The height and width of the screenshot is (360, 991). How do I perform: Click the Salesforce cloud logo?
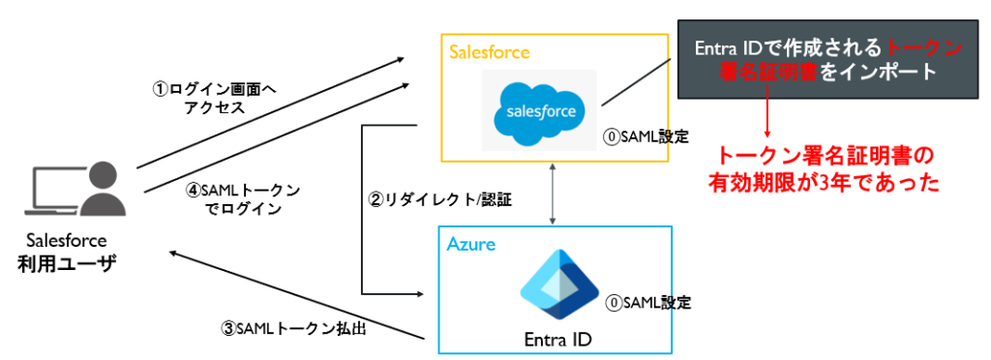[x=538, y=109]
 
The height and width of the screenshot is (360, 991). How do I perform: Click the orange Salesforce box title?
[x=490, y=52]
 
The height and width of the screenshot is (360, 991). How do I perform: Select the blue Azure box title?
[x=470, y=245]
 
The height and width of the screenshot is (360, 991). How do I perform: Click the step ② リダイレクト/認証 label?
[x=440, y=201]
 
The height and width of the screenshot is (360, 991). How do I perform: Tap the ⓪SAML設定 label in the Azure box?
[x=648, y=303]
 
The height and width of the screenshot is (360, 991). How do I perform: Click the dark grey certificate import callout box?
[x=827, y=59]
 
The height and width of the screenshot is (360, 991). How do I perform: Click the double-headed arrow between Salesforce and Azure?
[x=553, y=194]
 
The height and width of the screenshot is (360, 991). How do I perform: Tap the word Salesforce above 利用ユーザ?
[x=67, y=240]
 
